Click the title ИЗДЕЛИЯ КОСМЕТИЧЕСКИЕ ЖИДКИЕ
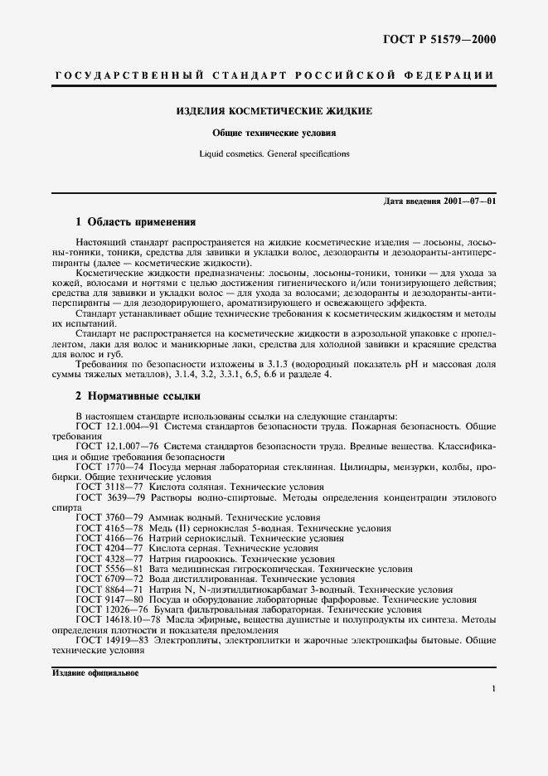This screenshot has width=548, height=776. tap(274, 110)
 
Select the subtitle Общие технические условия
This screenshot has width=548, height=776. tap(274, 132)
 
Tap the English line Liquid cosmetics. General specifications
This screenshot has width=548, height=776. tap(274, 153)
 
